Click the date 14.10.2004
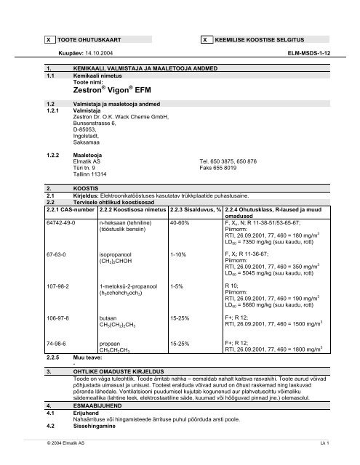pos(105,53)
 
